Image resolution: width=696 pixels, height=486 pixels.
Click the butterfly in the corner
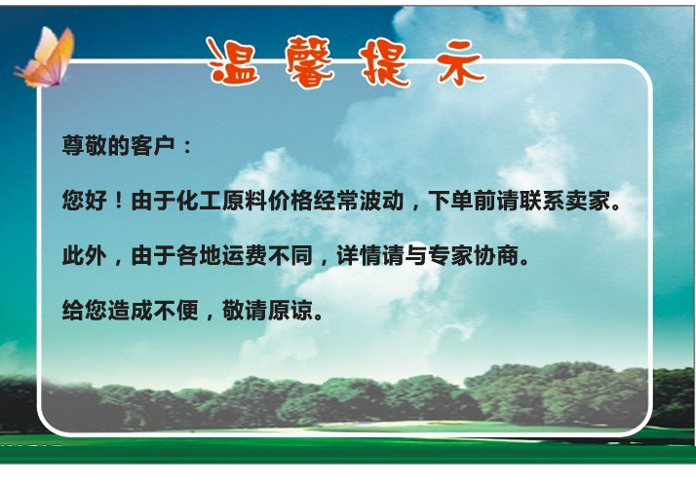point(46,57)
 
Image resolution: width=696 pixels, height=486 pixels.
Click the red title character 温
point(234,61)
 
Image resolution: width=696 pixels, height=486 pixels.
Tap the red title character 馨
point(309,61)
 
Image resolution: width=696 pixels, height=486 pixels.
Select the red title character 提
point(384,63)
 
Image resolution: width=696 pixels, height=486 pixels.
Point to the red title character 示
point(460,63)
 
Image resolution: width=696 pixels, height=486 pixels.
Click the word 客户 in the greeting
point(153,145)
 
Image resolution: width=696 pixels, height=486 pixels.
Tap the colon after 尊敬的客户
point(187,147)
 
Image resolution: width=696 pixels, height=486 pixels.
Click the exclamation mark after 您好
point(118,202)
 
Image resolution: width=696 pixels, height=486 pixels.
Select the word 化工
point(199,201)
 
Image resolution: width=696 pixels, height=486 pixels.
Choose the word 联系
point(542,201)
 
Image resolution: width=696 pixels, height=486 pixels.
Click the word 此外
point(85,255)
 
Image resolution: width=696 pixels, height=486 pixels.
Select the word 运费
point(244,255)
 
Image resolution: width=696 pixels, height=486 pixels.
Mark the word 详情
point(359,255)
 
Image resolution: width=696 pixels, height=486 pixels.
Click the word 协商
point(496,255)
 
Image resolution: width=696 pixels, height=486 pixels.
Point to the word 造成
point(130,310)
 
